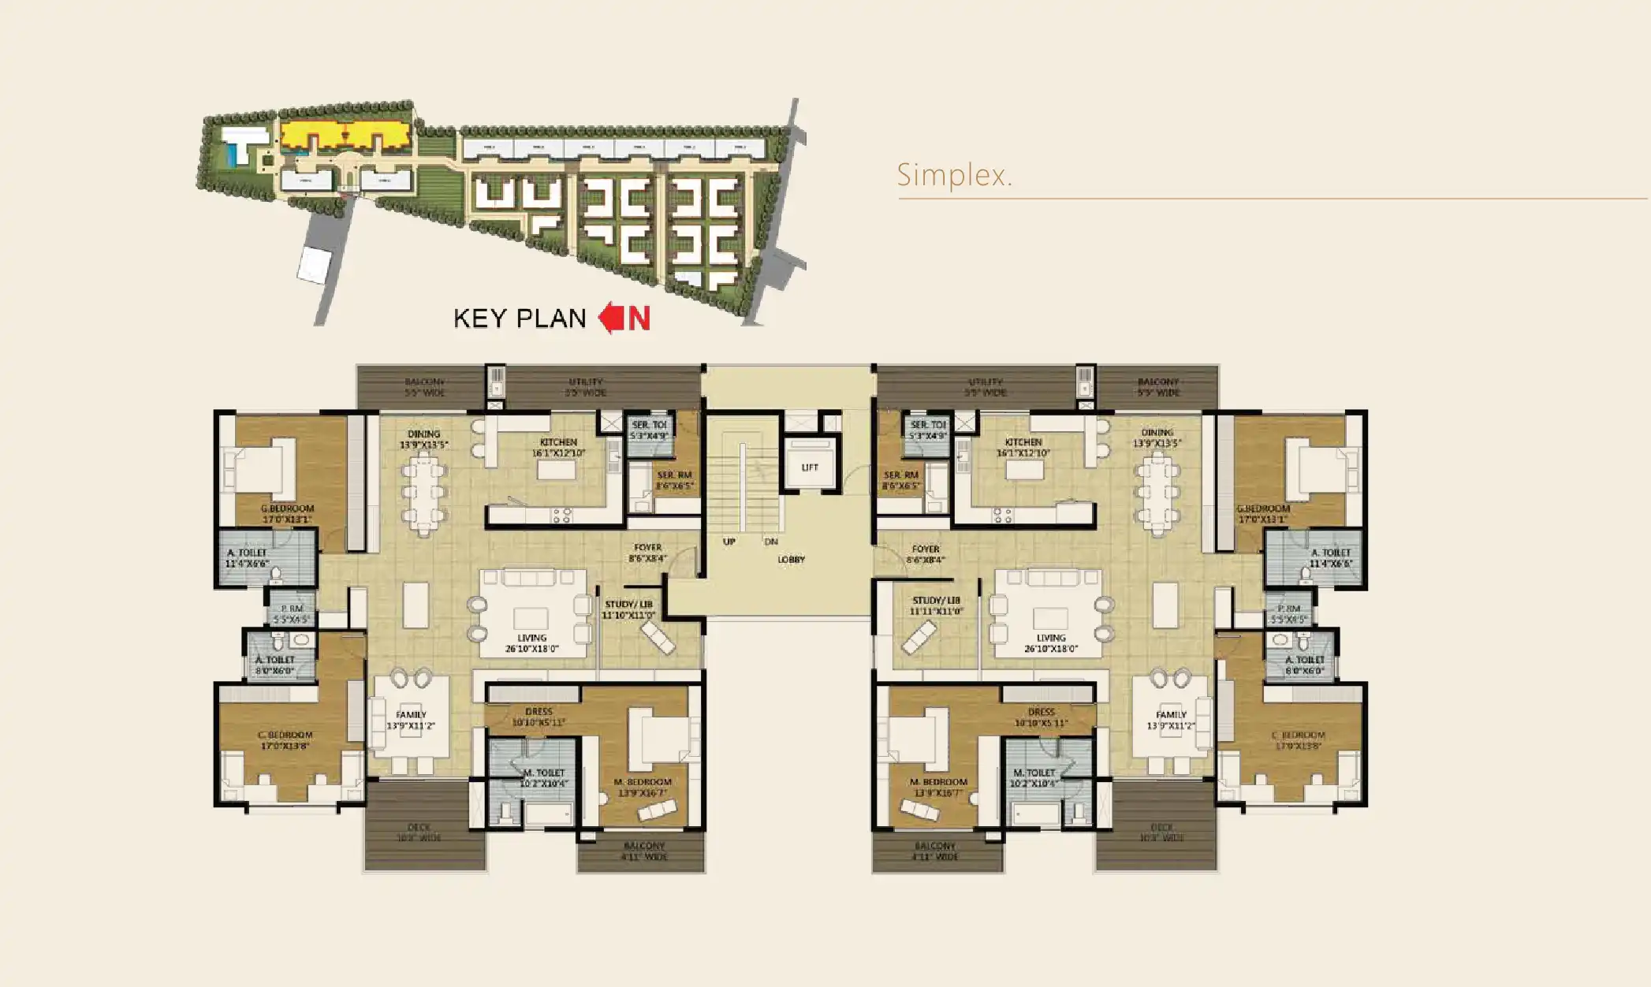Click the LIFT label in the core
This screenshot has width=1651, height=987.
(810, 467)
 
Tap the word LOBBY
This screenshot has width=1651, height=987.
(791, 560)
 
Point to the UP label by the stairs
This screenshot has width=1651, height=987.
(729, 542)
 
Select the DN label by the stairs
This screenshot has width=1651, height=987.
(771, 542)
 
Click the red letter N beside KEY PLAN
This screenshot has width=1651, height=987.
(639, 318)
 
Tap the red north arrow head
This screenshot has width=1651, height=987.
(609, 318)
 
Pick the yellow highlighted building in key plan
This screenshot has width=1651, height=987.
(345, 136)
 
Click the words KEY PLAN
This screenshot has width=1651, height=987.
(520, 318)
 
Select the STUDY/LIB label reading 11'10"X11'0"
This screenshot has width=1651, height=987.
(628, 609)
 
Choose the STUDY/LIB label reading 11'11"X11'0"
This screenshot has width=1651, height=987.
(936, 605)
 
